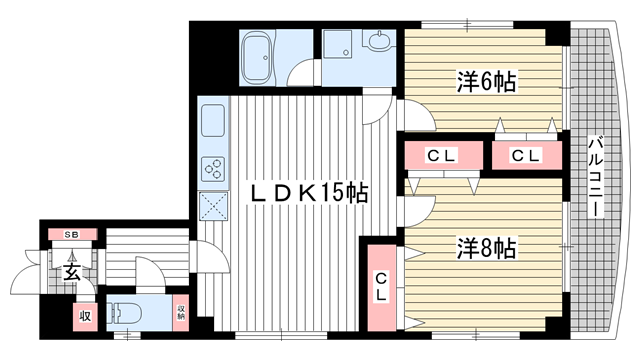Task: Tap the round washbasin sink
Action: (x=380, y=43)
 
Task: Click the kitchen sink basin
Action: (x=215, y=123)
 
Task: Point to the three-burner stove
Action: (x=215, y=168)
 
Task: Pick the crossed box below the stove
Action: (x=215, y=206)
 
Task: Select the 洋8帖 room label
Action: (x=486, y=245)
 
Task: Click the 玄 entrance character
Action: (x=72, y=272)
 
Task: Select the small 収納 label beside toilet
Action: (x=181, y=313)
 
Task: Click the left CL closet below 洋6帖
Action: (x=442, y=156)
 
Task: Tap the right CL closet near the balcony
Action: (x=525, y=156)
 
